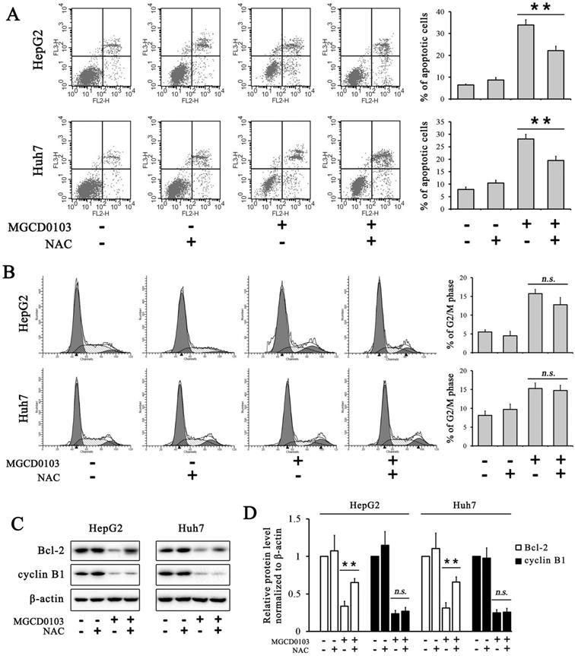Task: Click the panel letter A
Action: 14,14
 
